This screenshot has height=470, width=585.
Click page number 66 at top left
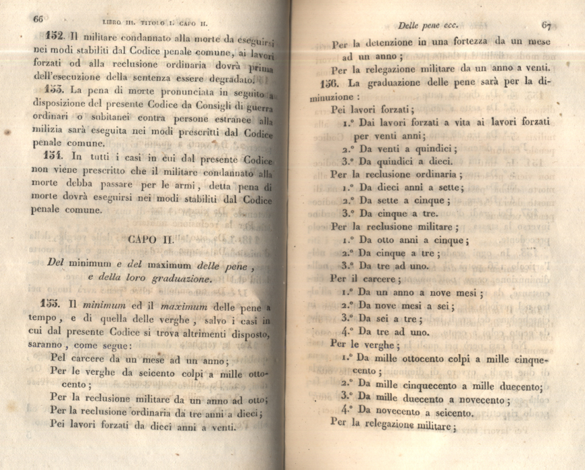[x=38, y=20]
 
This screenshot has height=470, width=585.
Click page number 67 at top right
[x=546, y=26]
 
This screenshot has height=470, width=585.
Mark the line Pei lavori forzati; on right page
[x=372, y=109]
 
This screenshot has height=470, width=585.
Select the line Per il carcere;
[x=363, y=278]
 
